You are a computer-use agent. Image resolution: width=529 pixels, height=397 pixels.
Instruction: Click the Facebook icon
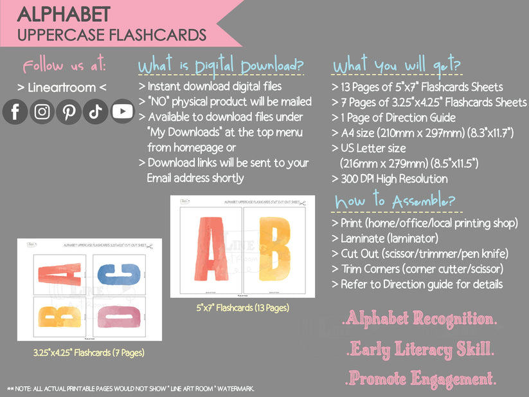15,111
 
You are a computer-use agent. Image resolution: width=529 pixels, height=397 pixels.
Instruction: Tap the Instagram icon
42,111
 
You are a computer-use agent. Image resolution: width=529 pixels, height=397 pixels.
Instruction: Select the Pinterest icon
69,111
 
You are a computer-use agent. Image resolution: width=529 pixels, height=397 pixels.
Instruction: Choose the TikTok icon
96,111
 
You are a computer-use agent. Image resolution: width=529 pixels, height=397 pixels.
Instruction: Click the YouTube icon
122,111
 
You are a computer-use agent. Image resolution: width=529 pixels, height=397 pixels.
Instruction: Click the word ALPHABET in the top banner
64,14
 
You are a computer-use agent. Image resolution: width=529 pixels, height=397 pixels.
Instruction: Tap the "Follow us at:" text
64,66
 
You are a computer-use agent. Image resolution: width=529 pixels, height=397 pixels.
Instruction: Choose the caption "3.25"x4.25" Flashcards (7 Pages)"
89,352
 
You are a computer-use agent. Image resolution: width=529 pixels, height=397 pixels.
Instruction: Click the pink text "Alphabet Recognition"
418,319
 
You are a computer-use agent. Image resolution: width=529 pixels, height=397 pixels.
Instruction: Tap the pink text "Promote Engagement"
421,378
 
